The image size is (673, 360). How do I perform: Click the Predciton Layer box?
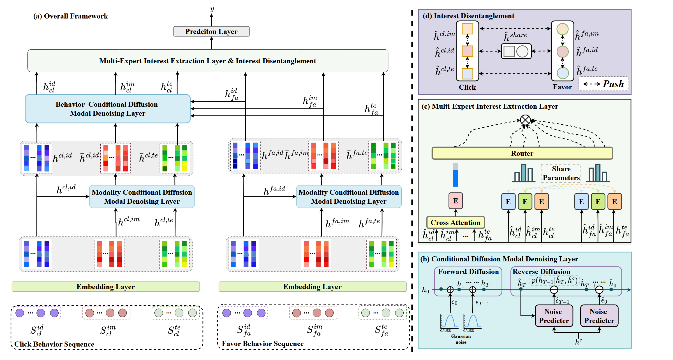click(211, 31)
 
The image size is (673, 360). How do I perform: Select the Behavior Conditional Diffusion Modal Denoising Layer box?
click(108, 109)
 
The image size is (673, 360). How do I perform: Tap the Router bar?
click(522, 153)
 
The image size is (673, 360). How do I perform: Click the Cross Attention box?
click(455, 222)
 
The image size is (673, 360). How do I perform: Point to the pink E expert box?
click(455, 201)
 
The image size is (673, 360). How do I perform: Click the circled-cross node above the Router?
click(525, 120)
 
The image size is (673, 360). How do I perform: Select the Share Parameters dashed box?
click(561, 173)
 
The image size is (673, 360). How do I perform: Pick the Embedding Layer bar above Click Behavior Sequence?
click(106, 287)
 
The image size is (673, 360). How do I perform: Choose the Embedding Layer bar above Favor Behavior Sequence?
click(312, 287)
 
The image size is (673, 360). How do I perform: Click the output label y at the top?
click(212, 9)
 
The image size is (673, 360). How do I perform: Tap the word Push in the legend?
click(613, 84)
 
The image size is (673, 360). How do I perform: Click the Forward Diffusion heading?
click(468, 271)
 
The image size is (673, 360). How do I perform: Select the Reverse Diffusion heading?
click(541, 271)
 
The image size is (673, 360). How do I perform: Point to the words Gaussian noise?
click(461, 339)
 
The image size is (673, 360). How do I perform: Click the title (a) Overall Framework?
click(71, 16)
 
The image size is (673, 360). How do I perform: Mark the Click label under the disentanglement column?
click(467, 87)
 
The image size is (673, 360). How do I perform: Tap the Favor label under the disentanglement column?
click(562, 87)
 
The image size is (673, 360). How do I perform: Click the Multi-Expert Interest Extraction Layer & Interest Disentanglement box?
click(208, 61)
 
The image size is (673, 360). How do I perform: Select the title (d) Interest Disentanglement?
click(468, 16)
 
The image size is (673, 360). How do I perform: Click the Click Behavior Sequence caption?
click(54, 344)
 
